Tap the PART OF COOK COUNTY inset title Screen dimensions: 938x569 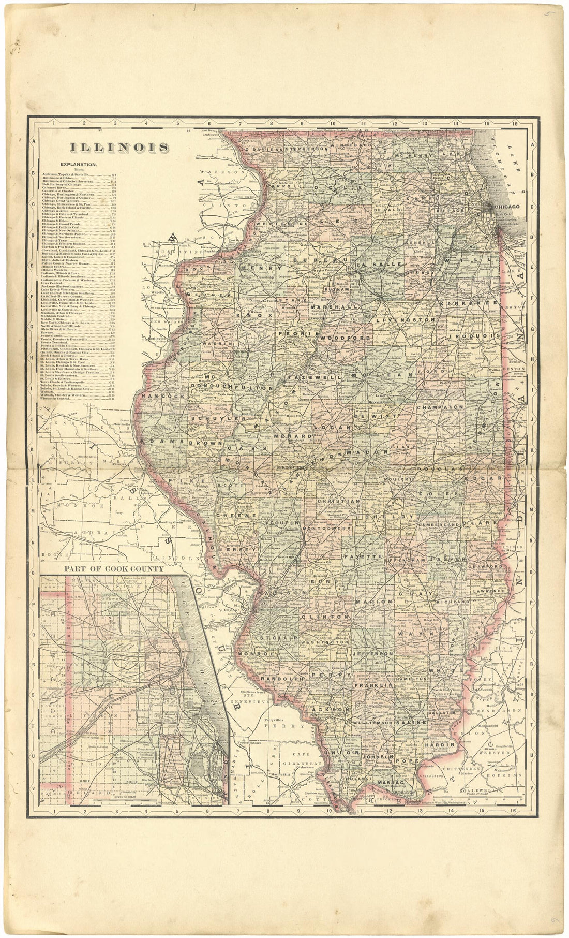click(x=114, y=568)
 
